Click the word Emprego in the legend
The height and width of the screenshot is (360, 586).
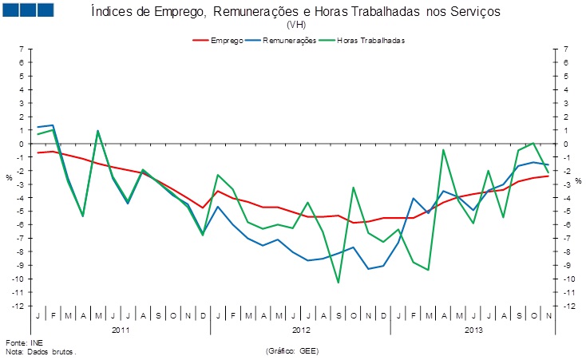tap(227, 39)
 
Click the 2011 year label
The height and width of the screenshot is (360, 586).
tap(121, 330)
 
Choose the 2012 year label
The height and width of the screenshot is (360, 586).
tap(301, 330)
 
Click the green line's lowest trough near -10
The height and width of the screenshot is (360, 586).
tap(338, 283)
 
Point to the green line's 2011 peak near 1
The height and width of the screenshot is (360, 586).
tap(97, 131)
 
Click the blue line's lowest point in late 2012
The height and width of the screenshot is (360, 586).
tap(368, 269)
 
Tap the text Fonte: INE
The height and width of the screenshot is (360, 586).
tap(21, 342)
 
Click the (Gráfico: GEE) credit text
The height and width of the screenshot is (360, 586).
tap(295, 351)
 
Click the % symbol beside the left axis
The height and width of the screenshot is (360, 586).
tap(9, 177)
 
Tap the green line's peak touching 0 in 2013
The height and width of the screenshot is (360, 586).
tap(533, 144)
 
